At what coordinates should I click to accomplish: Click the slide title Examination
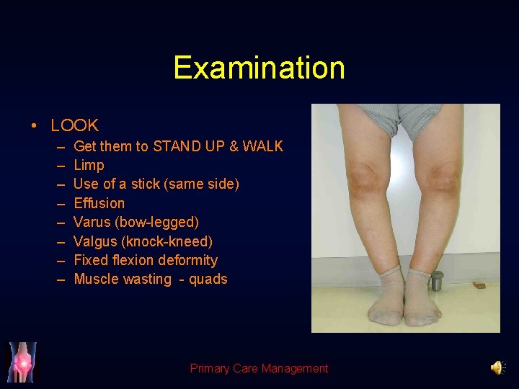pyautogui.click(x=259, y=68)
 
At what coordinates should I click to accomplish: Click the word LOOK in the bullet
pyautogui.click(x=74, y=126)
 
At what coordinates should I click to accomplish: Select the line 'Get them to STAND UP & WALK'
pyautogui.click(x=178, y=146)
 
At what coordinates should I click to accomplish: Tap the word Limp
pyautogui.click(x=89, y=165)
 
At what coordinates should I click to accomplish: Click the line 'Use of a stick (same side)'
pyautogui.click(x=156, y=184)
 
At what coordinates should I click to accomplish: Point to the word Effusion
pyautogui.click(x=99, y=203)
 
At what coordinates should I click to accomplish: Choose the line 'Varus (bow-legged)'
pyautogui.click(x=136, y=222)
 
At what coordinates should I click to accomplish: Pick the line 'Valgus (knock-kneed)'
pyautogui.click(x=143, y=241)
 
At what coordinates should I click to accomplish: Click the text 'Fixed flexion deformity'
pyautogui.click(x=146, y=260)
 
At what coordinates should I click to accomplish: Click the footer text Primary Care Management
pyautogui.click(x=259, y=369)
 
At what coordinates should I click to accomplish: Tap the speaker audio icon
pyautogui.click(x=497, y=368)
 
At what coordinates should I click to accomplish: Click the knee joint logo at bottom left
pyautogui.click(x=22, y=362)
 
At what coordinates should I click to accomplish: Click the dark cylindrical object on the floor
pyautogui.click(x=436, y=280)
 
